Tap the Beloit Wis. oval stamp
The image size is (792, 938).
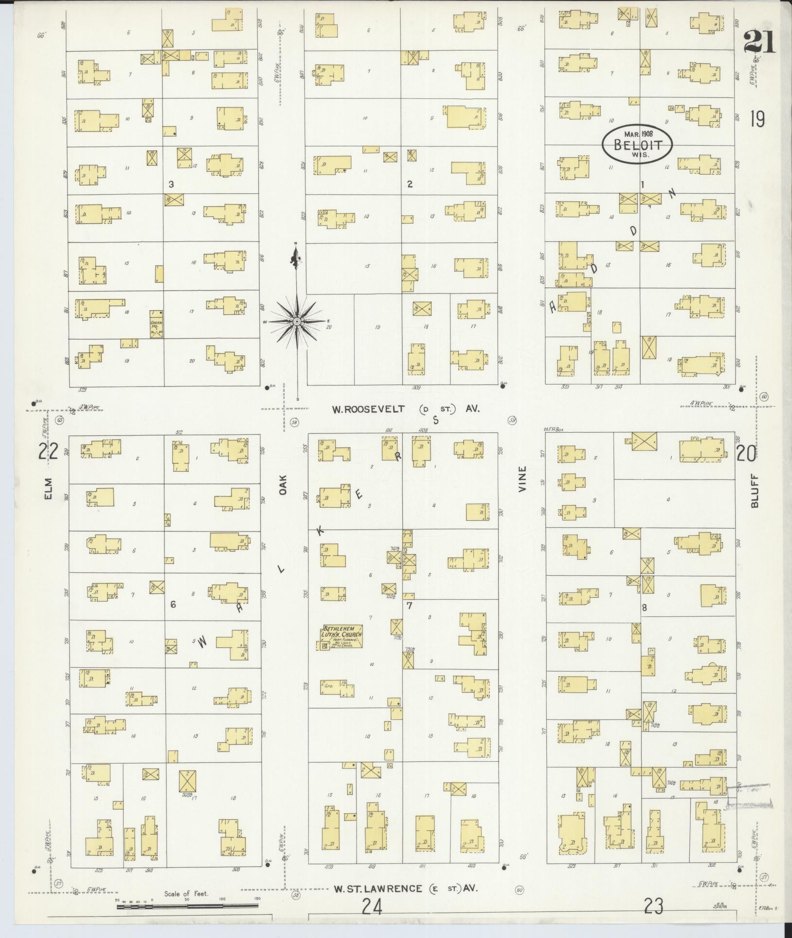coord(637,144)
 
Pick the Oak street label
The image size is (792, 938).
coord(283,486)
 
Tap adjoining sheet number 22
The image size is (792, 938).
coord(49,452)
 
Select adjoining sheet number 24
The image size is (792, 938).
coord(372,907)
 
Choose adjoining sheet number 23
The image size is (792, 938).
coord(653,906)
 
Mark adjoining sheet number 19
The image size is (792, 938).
coord(757,119)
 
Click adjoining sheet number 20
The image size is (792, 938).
coord(746,454)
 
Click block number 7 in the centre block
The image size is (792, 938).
coord(409,606)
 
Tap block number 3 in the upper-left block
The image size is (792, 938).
coord(171,184)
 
